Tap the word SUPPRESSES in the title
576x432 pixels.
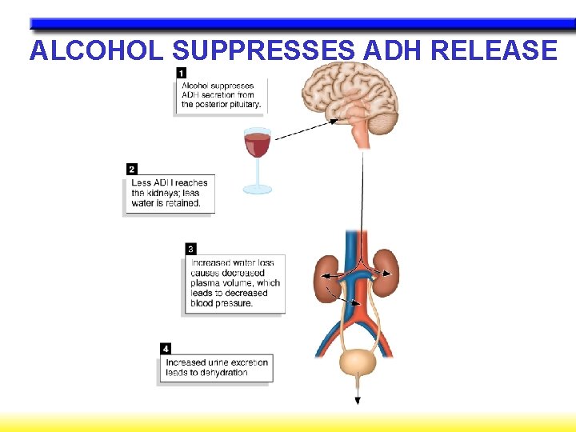263,51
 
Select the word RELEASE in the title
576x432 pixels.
494,51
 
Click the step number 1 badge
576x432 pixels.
181,73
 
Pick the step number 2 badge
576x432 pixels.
132,169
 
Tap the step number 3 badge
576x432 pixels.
190,249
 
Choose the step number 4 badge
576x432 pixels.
165,349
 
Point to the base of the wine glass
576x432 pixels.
258,190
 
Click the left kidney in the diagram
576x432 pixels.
326,278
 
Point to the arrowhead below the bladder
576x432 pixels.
358,401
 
